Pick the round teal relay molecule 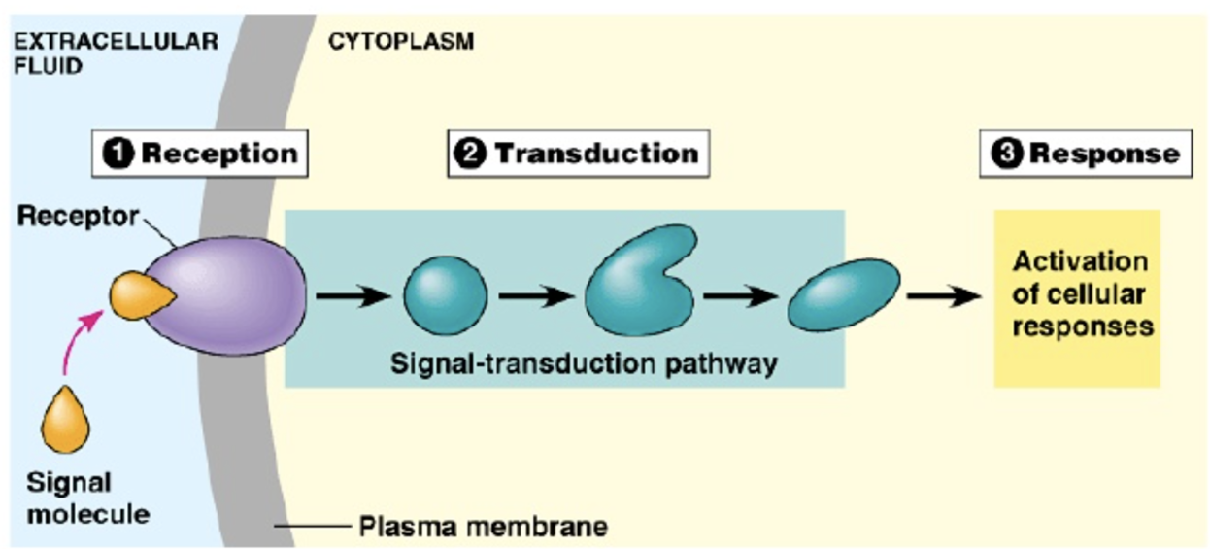click(x=446, y=294)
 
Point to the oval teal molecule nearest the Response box click(x=843, y=294)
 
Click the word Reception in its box click(x=219, y=154)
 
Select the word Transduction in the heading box click(x=595, y=154)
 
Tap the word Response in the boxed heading click(x=1104, y=154)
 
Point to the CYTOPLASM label click(x=401, y=44)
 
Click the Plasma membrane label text click(x=483, y=528)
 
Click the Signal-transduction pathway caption click(x=584, y=363)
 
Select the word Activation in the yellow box click(x=1080, y=261)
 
